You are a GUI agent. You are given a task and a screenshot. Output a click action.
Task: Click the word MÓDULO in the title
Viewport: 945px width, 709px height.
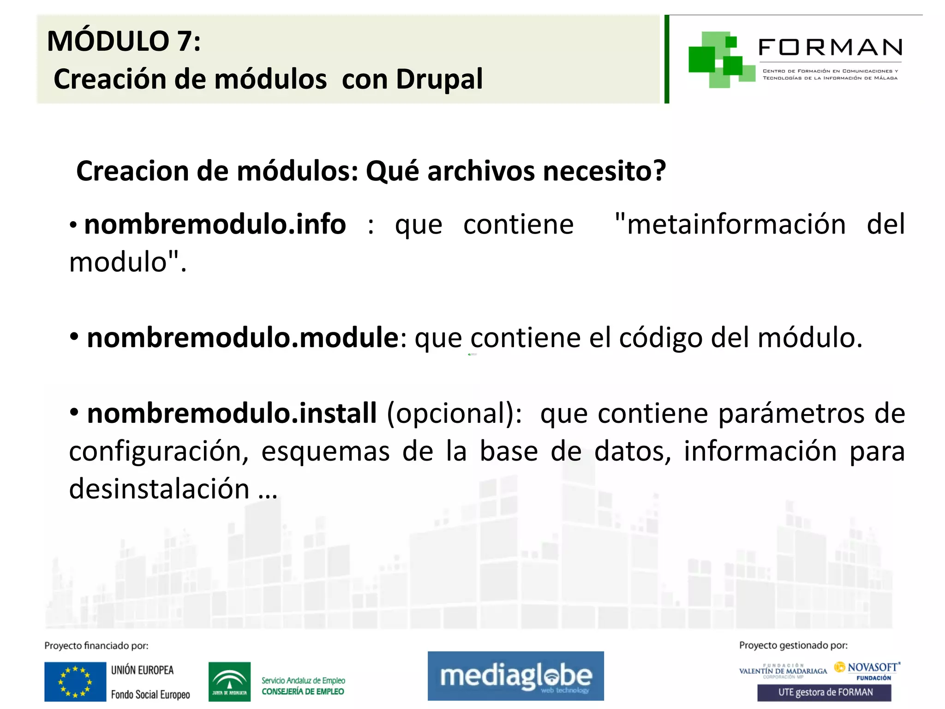[108, 42]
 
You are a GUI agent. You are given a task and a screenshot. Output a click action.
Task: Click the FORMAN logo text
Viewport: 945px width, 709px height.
[830, 48]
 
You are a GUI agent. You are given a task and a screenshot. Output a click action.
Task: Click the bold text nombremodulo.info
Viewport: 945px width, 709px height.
[215, 225]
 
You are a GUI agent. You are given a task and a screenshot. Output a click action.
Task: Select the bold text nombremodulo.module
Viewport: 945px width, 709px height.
[243, 338]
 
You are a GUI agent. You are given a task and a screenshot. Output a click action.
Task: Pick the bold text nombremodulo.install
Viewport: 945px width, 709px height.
[232, 413]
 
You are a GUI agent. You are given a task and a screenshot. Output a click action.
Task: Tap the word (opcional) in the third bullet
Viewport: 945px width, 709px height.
[454, 413]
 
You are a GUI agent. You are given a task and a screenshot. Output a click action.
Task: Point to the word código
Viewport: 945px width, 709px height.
[661, 338]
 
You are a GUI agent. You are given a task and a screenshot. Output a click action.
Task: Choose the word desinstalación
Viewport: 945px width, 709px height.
[159, 489]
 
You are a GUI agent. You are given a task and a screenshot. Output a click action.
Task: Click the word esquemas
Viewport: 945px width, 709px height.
[325, 451]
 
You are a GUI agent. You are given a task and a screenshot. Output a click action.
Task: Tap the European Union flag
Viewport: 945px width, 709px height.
[75, 682]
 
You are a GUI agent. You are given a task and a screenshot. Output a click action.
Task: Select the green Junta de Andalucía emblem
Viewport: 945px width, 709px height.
[229, 681]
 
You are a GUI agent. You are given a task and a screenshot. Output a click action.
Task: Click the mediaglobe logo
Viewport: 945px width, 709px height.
[515, 676]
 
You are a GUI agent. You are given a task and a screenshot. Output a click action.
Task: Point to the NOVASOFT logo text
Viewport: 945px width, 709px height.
[872, 667]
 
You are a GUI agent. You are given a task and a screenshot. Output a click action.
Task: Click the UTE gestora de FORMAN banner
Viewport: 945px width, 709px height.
[824, 692]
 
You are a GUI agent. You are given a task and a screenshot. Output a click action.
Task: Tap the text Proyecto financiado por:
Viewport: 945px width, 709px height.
[96, 646]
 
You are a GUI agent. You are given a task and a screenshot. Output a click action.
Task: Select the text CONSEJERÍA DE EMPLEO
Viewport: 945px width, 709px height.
[303, 691]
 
